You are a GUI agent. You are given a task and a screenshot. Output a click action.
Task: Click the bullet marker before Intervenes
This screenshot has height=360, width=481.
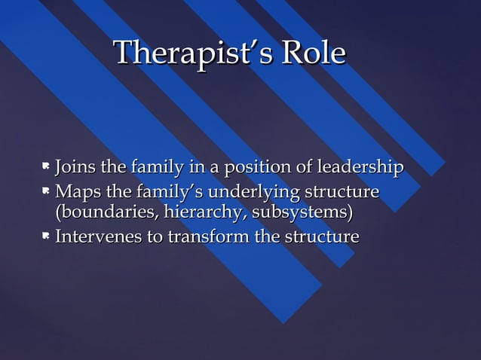coord(46,236)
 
